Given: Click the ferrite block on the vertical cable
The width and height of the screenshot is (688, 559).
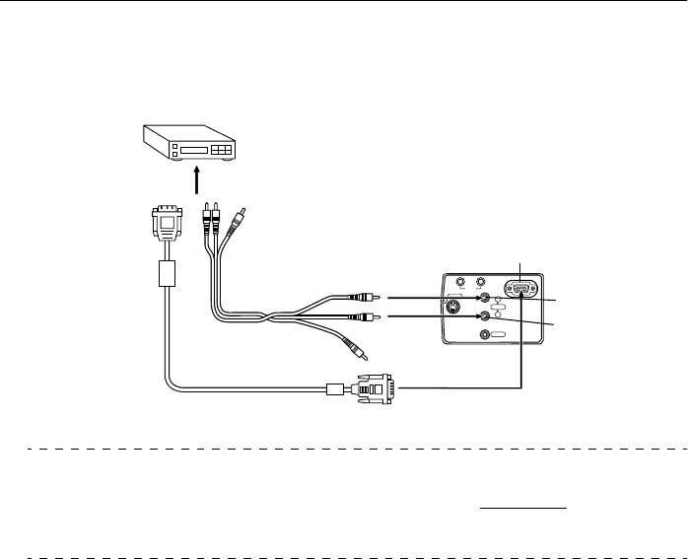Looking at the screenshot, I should tap(166, 273).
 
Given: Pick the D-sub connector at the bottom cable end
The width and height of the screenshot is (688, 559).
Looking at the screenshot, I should tap(375, 388).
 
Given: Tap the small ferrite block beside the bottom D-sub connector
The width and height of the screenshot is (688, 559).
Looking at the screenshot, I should tap(333, 388).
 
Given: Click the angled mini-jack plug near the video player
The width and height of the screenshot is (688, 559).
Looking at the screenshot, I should tap(237, 217).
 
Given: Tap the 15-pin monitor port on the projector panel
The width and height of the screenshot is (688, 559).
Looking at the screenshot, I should tap(519, 289).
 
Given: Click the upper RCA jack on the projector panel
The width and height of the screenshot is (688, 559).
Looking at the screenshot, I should tap(484, 296).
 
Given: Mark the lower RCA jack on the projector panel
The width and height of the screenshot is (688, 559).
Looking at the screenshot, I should tap(484, 317).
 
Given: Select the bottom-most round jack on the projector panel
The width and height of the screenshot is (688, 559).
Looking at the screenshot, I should tap(484, 335).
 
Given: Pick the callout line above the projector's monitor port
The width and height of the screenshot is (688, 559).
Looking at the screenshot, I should tap(521, 267).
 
